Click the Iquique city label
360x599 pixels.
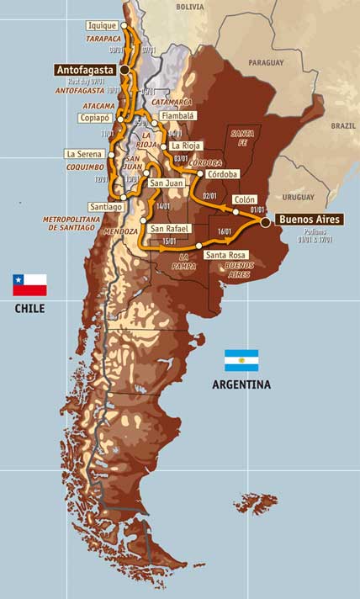(103, 26)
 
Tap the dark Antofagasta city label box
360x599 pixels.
(84, 70)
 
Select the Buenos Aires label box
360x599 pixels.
(310, 220)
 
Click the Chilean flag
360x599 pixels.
(29, 285)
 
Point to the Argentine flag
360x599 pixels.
(241, 360)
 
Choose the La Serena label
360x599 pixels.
(85, 154)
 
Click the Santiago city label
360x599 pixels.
(105, 206)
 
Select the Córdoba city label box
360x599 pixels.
(221, 173)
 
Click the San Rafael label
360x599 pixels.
(168, 228)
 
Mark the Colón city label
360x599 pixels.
(245, 199)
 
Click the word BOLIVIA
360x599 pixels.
(190, 6)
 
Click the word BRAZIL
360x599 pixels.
(342, 125)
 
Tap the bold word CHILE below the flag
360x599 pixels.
(29, 309)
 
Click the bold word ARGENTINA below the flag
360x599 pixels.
(241, 384)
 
